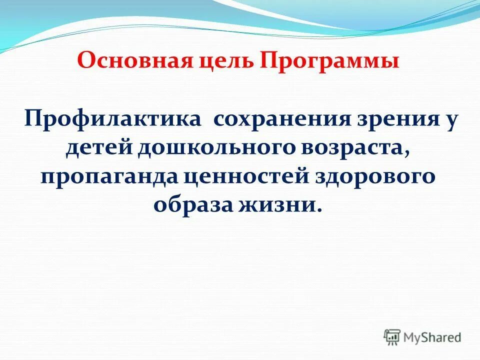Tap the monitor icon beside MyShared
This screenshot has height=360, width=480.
point(393,337)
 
